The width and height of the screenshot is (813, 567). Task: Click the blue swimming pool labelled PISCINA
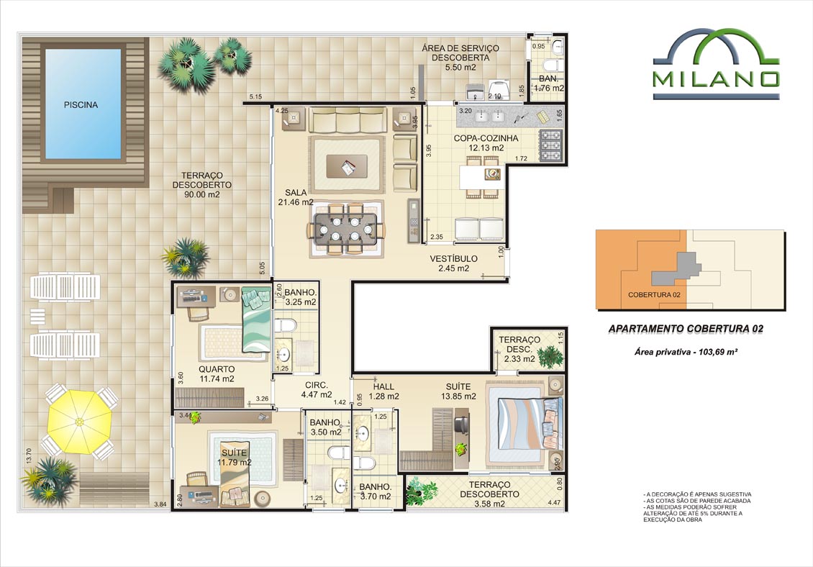click(83, 104)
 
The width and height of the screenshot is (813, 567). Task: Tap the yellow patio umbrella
click(79, 422)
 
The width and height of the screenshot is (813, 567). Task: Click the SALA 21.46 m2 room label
click(296, 197)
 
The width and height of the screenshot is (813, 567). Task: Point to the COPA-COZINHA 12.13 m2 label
click(486, 143)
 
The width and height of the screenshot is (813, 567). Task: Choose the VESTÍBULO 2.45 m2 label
click(454, 263)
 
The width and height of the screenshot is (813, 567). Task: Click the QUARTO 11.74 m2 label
click(217, 374)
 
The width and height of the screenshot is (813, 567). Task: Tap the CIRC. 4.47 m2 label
click(317, 389)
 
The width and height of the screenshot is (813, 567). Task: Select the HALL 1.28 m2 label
click(383, 391)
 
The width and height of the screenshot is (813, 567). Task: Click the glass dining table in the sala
click(348, 229)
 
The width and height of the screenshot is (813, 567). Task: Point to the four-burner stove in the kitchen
click(550, 145)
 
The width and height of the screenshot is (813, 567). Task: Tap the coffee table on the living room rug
click(347, 166)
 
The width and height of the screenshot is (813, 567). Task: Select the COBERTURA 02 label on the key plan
click(654, 295)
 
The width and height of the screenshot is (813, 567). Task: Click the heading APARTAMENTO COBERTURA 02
click(686, 329)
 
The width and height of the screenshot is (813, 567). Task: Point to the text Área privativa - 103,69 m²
click(686, 352)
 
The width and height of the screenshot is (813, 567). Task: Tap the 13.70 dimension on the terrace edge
click(29, 456)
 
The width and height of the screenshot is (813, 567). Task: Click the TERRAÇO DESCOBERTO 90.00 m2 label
click(201, 185)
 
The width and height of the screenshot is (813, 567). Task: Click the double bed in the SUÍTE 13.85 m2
click(526, 423)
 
